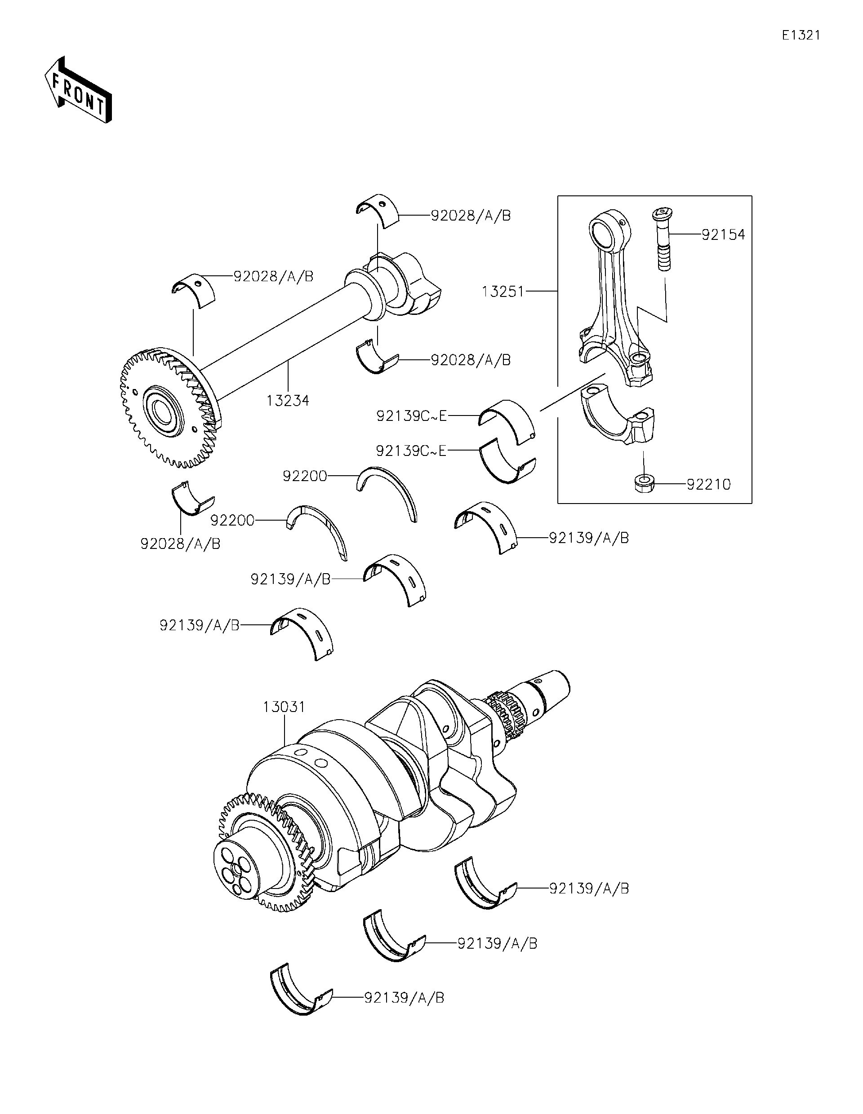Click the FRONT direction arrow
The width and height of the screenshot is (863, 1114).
click(78, 90)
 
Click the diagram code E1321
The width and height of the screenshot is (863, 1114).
click(801, 35)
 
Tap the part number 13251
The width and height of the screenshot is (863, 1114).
click(503, 292)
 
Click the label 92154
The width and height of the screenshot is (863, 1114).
click(723, 234)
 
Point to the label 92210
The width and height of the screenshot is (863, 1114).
click(708, 485)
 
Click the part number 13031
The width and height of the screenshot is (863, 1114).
click(284, 707)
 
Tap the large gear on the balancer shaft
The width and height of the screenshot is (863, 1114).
click(169, 408)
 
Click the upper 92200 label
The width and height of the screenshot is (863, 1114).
click(305, 476)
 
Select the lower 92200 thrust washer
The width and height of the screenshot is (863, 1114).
click(319, 530)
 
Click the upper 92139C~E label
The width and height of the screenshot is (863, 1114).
click(411, 416)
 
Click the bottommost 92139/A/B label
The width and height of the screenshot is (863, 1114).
click(404, 998)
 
